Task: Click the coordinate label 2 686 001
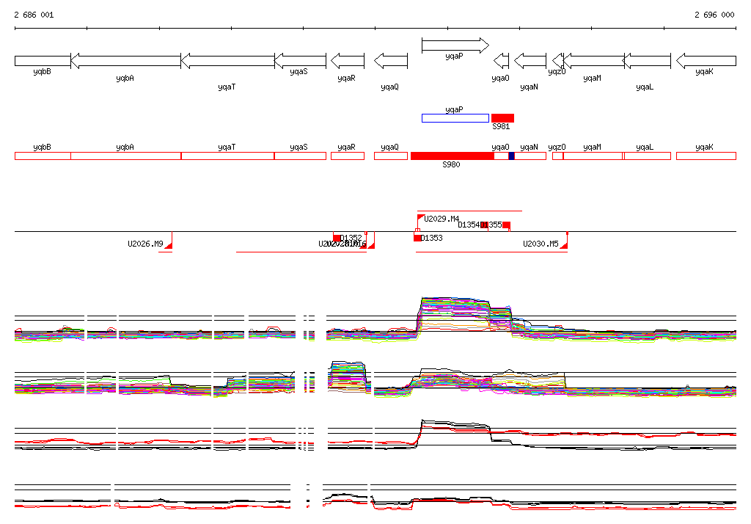34,15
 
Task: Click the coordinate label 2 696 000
714,15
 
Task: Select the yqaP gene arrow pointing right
455,46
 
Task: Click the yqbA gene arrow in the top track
125,60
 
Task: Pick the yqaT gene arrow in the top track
227,60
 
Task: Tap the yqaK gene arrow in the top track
706,60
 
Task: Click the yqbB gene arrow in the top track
43,60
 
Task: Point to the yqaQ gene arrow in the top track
390,60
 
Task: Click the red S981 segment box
502,118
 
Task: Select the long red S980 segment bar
452,156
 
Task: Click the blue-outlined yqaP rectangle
455,118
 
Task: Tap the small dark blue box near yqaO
511,156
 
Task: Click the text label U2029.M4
442,219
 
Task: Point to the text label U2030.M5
541,244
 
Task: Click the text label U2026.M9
145,244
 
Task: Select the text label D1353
432,238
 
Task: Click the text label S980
451,165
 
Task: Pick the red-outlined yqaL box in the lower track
647,156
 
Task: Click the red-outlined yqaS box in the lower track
300,156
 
